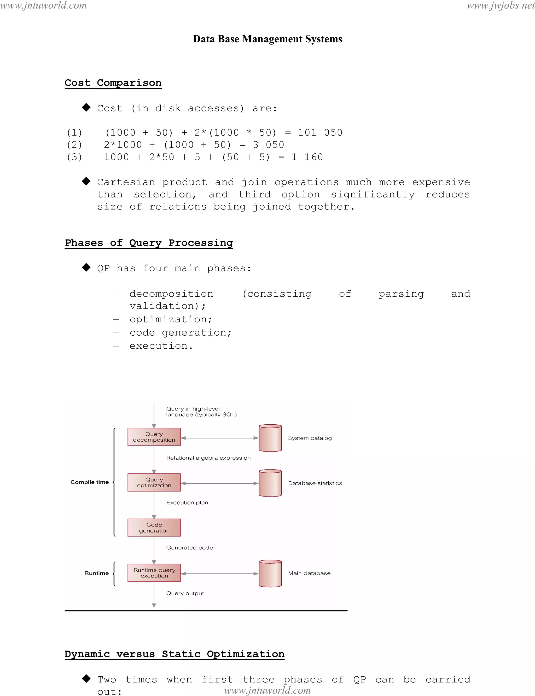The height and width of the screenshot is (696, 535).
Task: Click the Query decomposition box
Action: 154,437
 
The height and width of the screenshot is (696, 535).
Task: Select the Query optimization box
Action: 154,482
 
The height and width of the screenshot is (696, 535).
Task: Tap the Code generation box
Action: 154,528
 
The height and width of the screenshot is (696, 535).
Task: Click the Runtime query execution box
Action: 154,573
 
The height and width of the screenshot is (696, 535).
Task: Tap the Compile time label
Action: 90,482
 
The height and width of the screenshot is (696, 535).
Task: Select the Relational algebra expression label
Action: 208,458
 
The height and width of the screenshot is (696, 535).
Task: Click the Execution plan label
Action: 187,502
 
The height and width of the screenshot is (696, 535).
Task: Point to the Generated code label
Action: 189,548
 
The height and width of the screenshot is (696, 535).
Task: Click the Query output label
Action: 185,593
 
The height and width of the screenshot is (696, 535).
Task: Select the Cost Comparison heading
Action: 113,83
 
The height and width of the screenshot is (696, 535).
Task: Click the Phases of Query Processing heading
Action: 149,243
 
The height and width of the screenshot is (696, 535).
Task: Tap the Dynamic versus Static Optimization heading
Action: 174,654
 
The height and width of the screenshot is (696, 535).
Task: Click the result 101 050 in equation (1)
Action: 320,132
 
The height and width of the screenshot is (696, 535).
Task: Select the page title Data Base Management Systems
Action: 267,39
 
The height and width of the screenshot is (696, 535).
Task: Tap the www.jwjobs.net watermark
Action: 500,5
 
